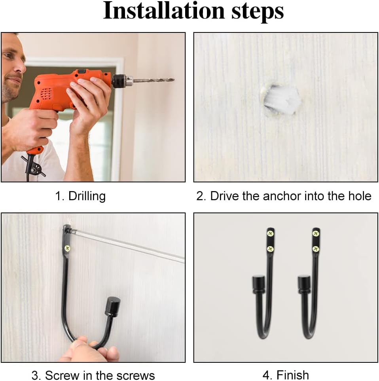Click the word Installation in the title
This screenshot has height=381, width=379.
(164, 11)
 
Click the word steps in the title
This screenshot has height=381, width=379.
(258, 12)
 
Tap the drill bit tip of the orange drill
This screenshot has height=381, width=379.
(174, 80)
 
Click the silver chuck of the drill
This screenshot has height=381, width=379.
(129, 80)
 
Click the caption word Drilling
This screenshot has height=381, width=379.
(87, 196)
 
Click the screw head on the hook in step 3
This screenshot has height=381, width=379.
(67, 248)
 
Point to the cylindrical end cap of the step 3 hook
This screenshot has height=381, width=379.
(112, 307)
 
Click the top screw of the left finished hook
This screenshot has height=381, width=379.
(270, 234)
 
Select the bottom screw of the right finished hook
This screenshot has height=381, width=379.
(315, 249)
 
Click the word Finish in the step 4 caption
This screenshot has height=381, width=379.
(292, 375)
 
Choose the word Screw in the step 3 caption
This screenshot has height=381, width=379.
(63, 375)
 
